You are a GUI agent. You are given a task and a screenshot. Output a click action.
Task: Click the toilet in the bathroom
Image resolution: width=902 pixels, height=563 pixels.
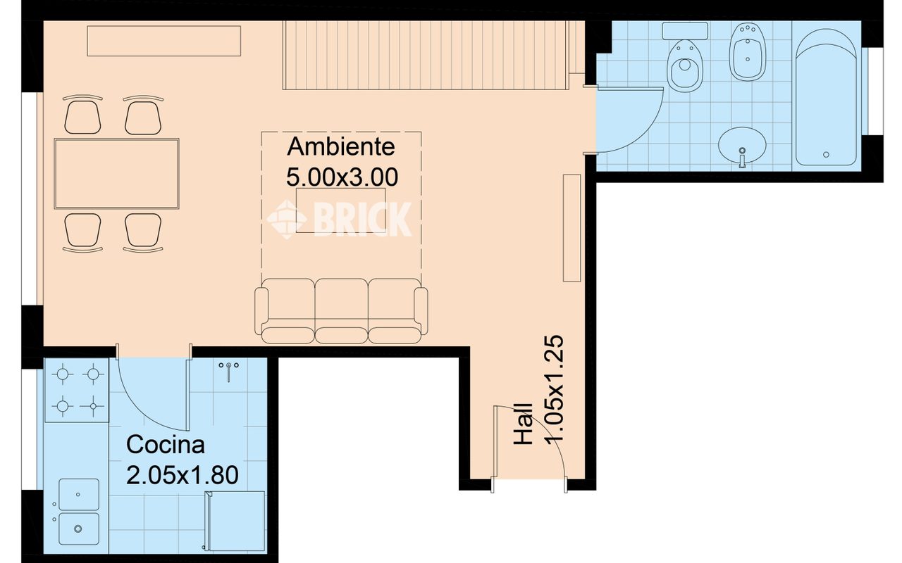click(684, 63)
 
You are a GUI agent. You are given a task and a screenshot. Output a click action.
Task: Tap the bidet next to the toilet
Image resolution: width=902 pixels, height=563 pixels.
click(746, 53)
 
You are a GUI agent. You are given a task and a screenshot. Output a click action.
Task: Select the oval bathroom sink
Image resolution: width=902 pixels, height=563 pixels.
click(742, 145)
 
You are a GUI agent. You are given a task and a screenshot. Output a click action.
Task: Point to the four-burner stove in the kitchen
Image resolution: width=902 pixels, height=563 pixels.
click(77, 390)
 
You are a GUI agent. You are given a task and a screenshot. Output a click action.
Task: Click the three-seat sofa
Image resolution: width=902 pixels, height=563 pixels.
click(341, 310)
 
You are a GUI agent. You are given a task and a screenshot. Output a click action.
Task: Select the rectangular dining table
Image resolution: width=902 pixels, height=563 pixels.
click(117, 173)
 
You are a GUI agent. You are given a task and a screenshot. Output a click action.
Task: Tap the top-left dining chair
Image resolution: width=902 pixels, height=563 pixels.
click(82, 115)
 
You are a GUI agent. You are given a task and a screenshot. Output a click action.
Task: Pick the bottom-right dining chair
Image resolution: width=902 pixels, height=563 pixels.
click(143, 232)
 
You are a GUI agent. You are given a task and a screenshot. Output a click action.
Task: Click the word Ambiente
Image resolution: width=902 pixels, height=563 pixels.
click(342, 147)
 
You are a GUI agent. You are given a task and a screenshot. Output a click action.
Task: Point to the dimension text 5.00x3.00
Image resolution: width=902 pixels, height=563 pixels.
click(342, 176)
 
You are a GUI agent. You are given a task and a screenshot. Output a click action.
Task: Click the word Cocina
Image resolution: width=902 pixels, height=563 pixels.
click(166, 445)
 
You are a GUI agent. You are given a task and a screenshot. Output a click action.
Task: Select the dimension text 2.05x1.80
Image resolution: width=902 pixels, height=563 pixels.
click(182, 474)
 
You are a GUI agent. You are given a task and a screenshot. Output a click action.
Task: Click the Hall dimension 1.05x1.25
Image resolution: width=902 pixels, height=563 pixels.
click(555, 388)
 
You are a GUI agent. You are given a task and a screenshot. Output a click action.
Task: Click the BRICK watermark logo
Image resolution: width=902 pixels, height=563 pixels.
click(340, 219)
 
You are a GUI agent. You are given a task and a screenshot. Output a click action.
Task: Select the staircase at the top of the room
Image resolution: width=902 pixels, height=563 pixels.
click(426, 56)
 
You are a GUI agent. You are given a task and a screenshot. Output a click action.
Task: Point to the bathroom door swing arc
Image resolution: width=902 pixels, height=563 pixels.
click(638, 123)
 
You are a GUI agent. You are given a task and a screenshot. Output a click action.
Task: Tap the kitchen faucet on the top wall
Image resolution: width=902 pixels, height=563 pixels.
click(229, 370)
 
